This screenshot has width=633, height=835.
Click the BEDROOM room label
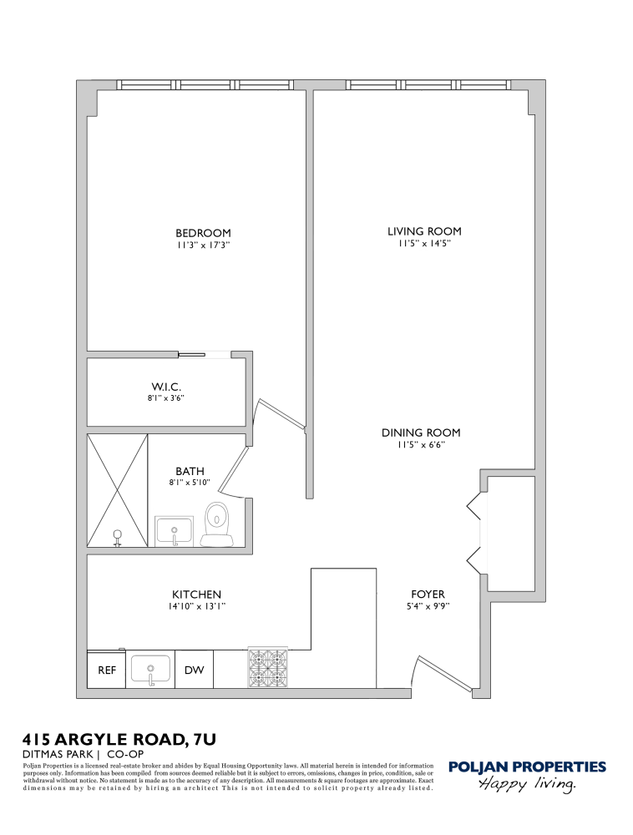(203, 233)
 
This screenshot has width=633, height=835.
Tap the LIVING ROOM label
(424, 231)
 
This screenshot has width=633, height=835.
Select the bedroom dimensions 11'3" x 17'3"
(203, 246)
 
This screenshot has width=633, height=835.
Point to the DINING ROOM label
(421, 433)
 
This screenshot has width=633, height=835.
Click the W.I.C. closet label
(166, 387)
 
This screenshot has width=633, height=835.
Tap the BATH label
(190, 472)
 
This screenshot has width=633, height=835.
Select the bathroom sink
(175, 531)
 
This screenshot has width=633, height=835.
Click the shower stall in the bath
(118, 490)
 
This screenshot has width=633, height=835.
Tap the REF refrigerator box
(107, 670)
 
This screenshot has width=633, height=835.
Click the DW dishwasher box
(194, 670)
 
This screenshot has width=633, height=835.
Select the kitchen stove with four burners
(267, 668)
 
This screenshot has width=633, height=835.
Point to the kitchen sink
(150, 670)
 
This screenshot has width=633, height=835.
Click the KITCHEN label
(197, 595)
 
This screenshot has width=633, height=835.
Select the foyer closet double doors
(476, 533)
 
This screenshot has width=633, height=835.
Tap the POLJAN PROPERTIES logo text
(527, 767)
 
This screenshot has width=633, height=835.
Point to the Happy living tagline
(527, 785)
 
